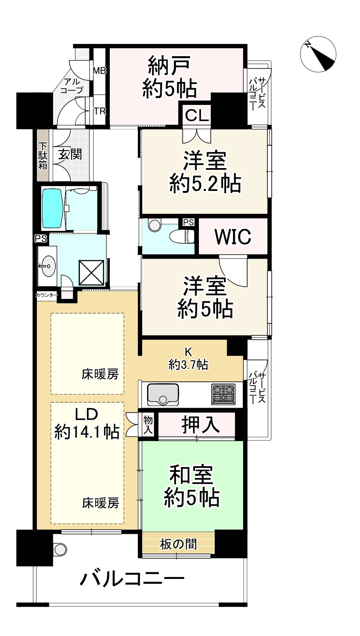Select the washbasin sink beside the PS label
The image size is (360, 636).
click(47, 265)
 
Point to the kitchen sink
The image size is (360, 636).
click(163, 394)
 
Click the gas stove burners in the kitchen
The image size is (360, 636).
click(224, 393)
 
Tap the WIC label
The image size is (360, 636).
click(233, 237)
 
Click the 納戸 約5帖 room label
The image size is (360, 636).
click(169, 77)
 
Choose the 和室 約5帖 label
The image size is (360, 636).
click(192, 486)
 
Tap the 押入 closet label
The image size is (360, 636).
click(201, 425)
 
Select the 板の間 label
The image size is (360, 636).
click(178, 544)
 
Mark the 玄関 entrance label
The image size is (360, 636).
click(70, 154)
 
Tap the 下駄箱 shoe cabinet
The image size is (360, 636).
click(43, 156)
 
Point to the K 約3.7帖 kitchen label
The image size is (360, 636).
click(188, 359)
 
